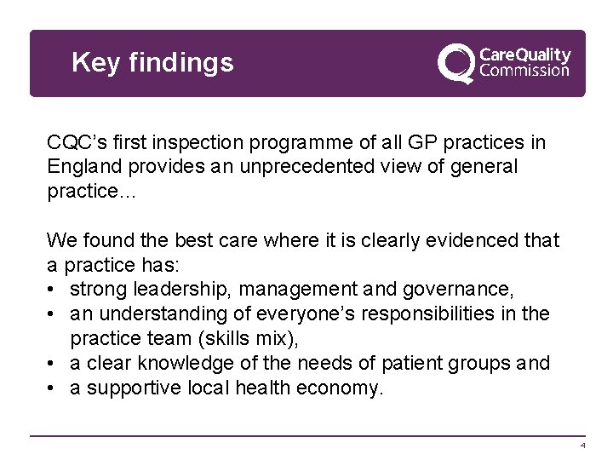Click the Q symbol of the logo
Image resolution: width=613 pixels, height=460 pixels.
[x=456, y=64]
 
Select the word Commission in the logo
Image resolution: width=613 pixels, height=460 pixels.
[x=525, y=72]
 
